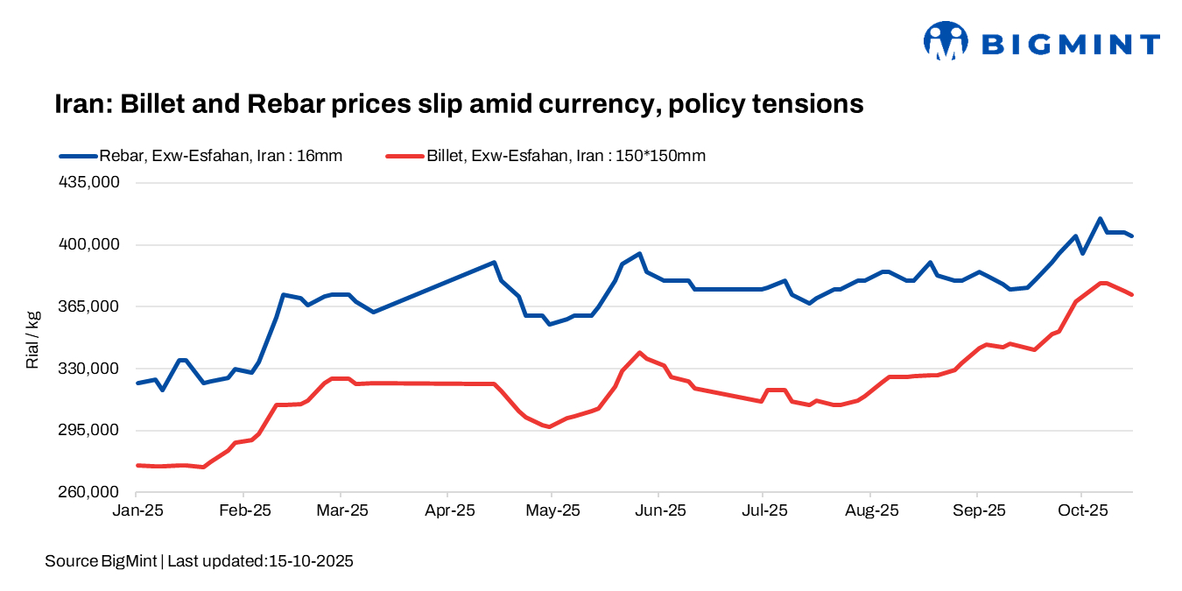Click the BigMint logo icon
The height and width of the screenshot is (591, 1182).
point(945,41)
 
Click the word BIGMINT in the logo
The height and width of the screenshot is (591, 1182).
point(1070,44)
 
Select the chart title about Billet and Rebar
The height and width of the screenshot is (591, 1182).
point(459,104)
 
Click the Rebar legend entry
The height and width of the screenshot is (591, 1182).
point(201,156)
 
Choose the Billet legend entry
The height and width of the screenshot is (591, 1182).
point(545,156)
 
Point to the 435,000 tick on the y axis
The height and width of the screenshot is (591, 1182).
point(85,183)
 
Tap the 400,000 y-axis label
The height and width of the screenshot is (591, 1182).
point(85,245)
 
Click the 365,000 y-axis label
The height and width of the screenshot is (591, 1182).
point(85,306)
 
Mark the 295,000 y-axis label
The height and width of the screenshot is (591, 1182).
point(85,431)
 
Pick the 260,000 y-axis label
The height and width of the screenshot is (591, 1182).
point(85,492)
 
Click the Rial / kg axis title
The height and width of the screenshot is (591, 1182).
point(32,338)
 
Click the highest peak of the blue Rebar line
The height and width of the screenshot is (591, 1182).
point(1100,219)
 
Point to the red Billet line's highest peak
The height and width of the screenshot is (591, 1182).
point(1102,283)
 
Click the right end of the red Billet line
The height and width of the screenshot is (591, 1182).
point(1132,294)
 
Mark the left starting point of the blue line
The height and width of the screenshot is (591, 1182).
point(137,383)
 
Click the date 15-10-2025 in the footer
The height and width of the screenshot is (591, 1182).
point(309,561)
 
